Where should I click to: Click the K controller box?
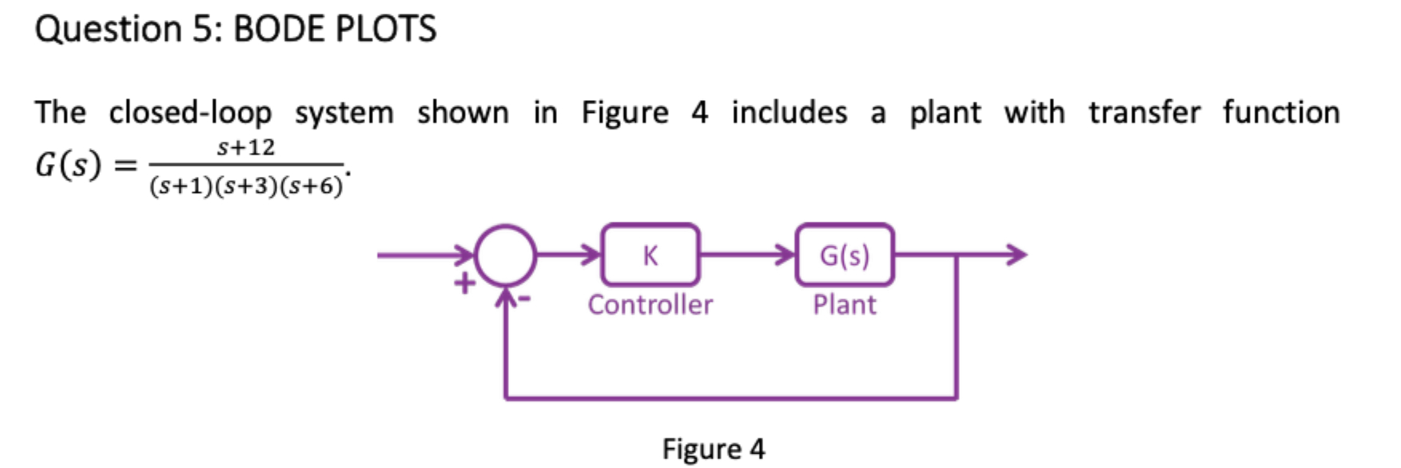650,255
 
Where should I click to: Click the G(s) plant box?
844,255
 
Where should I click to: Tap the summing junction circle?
505,255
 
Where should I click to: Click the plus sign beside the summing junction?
464,283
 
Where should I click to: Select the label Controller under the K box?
650,305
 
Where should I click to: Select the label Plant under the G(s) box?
844,305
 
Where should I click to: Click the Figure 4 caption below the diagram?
713,449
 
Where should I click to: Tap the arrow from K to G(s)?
747,255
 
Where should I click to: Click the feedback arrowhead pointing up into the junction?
505,298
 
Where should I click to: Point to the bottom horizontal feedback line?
730,397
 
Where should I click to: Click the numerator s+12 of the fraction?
245,147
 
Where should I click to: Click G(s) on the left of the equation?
69,166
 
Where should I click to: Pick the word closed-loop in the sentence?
190,113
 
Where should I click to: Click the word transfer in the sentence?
1144,113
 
